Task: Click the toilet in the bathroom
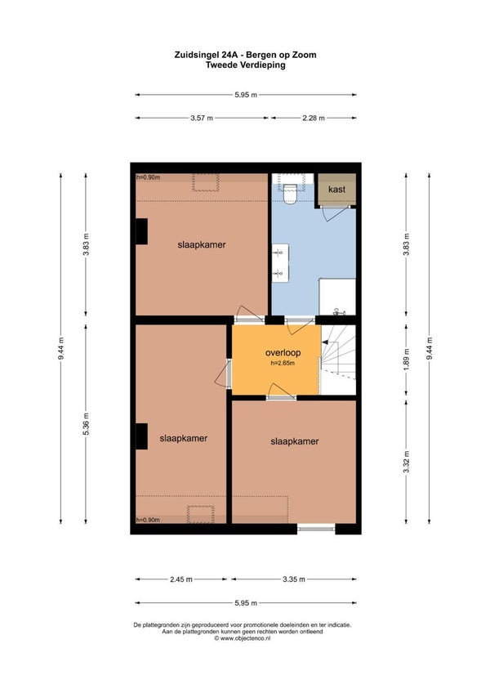click(289, 194)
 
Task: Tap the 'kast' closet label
click(336, 189)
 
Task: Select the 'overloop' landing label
click(283, 353)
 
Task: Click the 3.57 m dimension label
click(202, 118)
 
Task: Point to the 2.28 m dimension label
click(314, 118)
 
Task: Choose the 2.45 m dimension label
click(181, 579)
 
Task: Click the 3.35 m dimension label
click(294, 579)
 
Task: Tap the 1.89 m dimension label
click(407, 359)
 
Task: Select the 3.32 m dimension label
click(407, 462)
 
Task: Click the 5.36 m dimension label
click(87, 424)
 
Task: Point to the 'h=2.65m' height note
click(283, 364)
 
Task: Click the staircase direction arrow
click(325, 342)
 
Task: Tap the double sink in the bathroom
click(279, 263)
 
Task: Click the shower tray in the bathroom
click(337, 297)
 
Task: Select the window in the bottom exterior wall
click(316, 528)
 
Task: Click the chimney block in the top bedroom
click(141, 231)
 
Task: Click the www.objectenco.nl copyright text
click(242, 638)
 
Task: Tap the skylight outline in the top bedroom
click(206, 182)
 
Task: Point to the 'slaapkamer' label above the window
click(295, 441)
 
